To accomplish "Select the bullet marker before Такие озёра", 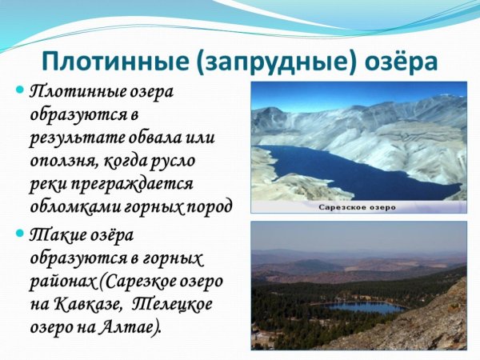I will (21, 234).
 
